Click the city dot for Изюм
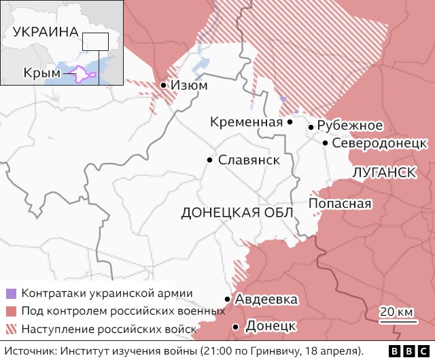164,86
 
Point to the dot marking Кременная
290,122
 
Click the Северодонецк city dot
326,143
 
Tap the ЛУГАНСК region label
385,173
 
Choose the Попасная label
340,204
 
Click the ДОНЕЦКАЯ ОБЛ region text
237,213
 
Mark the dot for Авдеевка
227,299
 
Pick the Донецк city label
270,327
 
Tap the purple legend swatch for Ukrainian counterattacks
11,293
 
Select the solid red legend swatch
11,311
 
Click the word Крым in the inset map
37,72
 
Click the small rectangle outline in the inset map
95,41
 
